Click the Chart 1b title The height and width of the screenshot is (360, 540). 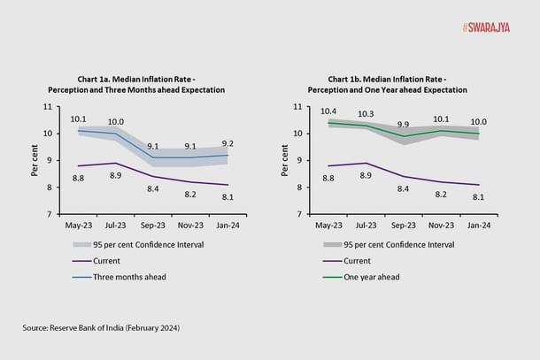point(387,84)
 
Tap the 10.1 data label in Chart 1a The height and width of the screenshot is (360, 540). point(79,119)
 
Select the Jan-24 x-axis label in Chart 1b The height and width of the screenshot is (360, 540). point(478,226)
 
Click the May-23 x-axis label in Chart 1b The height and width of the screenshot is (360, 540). point(328,226)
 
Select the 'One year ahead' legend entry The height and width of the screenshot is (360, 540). point(373,276)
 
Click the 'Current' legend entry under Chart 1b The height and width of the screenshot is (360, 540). point(359,260)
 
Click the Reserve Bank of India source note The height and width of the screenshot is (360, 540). point(102,328)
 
